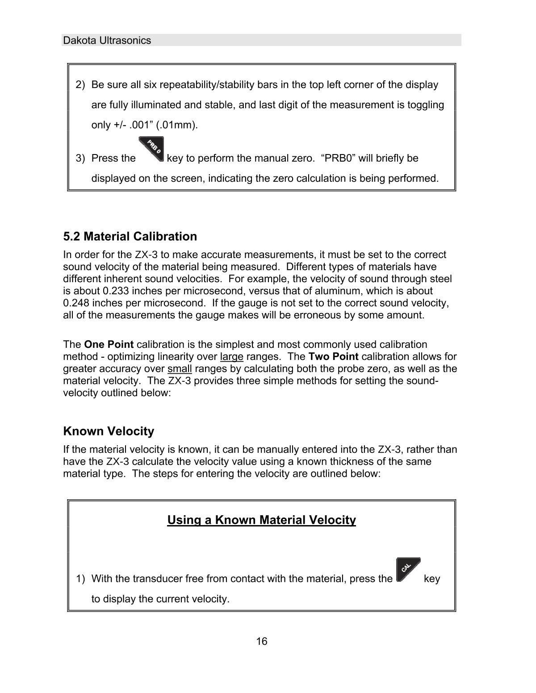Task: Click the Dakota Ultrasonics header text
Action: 107,40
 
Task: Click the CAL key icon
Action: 407,569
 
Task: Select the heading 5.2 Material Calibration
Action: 130,236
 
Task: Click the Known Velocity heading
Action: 109,431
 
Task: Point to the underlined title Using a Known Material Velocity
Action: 261,520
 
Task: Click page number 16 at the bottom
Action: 262,641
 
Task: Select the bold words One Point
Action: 109,344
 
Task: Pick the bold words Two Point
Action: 333,356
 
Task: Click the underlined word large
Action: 231,356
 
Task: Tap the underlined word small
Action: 180,368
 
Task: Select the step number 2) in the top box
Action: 80,84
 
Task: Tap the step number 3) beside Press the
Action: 80,158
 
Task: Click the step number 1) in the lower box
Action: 80,579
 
